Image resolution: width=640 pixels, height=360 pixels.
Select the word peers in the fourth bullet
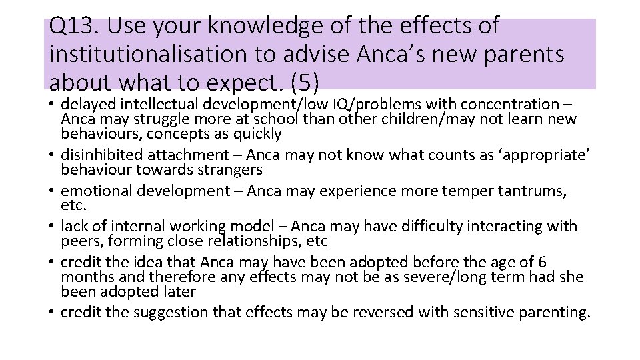coord(79,241)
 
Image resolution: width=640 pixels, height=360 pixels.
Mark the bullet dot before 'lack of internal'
coord(52,227)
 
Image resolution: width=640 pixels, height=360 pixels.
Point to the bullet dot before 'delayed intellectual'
coord(52,105)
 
